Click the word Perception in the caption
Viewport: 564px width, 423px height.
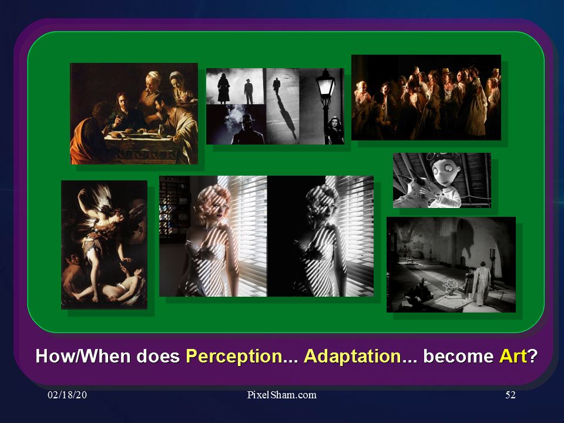point(234,356)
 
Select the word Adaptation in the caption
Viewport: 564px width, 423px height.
point(352,356)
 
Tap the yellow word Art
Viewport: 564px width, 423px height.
point(512,356)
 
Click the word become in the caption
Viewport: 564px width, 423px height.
point(458,356)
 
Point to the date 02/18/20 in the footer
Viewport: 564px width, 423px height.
point(67,395)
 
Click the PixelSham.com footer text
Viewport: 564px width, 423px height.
point(281,395)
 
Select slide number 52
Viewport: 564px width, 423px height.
point(511,395)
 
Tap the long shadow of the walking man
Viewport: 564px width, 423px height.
point(286,115)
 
